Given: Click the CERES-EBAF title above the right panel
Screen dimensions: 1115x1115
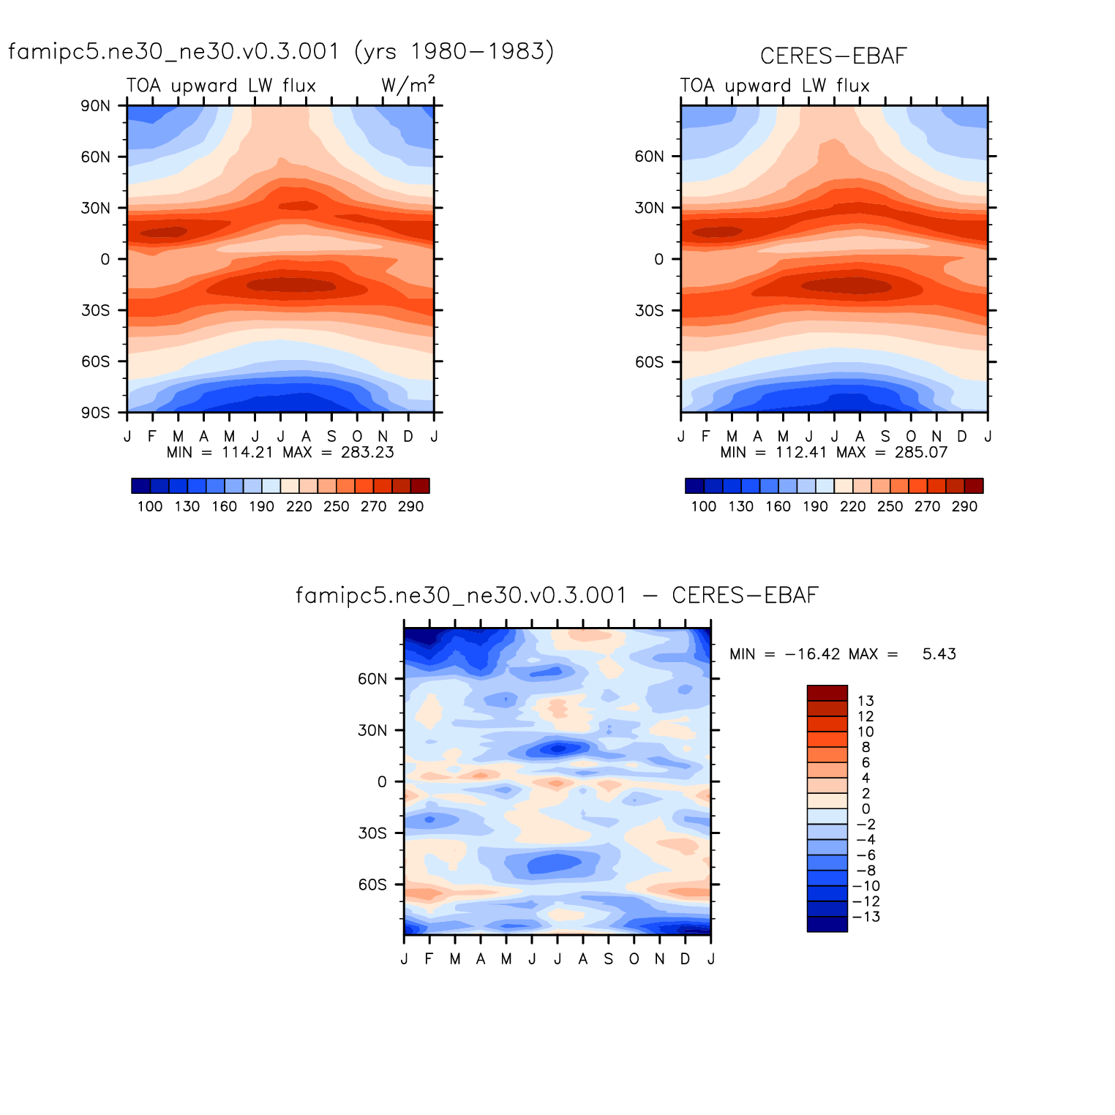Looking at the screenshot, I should pos(833,56).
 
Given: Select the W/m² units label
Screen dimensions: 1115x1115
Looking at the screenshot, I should pos(408,85).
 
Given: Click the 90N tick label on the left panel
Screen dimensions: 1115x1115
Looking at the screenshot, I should pos(96,105).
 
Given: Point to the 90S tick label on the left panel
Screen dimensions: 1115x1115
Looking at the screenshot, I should pos(96,413).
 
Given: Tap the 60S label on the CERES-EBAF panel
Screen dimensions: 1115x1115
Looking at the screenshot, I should pos(649,361).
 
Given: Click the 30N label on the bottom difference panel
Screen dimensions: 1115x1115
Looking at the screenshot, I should pos(372,730).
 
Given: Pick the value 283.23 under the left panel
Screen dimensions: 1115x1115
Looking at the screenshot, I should pos(367,452).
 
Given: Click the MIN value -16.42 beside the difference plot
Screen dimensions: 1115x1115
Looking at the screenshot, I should pos(812,654).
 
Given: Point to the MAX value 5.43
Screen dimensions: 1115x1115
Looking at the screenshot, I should pos(939,654).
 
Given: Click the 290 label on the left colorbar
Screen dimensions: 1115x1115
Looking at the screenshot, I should pos(410,506).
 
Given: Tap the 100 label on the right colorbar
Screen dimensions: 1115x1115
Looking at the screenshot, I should pos(703,506).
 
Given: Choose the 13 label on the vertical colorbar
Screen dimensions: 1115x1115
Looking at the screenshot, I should pos(866,701).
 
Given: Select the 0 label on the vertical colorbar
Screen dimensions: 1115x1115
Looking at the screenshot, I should pos(866,808).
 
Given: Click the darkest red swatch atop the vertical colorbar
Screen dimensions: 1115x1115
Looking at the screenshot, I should pos(827,693).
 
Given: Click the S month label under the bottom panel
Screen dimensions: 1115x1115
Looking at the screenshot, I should pos(608,958).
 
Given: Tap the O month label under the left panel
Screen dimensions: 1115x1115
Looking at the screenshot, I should pos(357,436).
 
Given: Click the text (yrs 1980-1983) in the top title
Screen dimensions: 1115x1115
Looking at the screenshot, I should pos(454,51).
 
